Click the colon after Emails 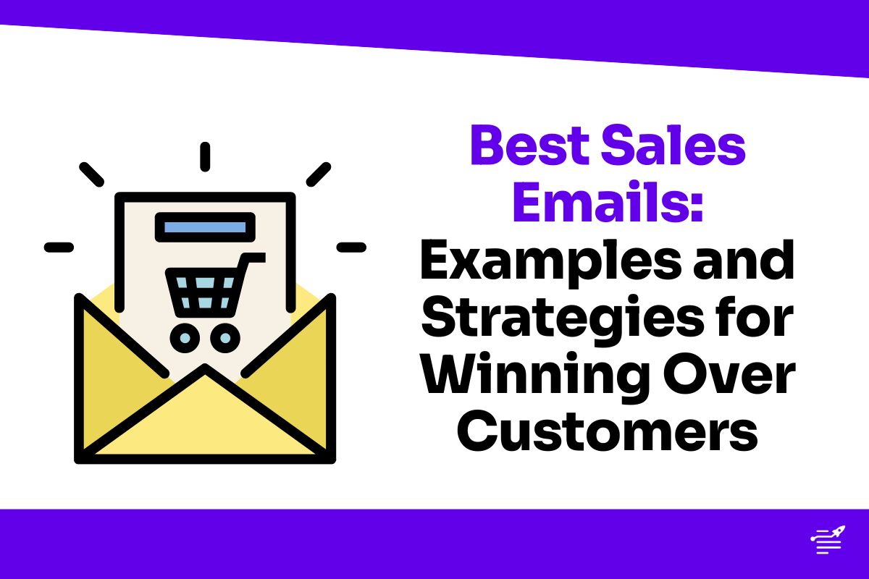click(x=696, y=206)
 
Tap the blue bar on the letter click(x=205, y=227)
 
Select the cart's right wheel click(x=226, y=337)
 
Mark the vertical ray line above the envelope click(x=205, y=156)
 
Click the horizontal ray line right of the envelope click(x=351, y=247)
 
